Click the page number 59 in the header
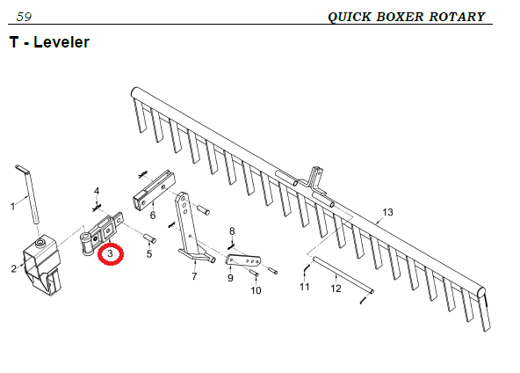coord(24,17)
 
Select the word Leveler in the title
coord(61,42)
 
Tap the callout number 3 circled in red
coord(110,254)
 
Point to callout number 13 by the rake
coord(387,212)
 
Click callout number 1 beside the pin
coord(13,206)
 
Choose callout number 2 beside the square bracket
coord(13,268)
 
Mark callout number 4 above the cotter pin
coord(97,191)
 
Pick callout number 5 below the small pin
coord(149,253)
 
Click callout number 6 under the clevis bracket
coord(153,216)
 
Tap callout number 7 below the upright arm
coord(194,275)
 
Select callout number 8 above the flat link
coord(232,230)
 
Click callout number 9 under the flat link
coord(230,278)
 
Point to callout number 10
coord(256,290)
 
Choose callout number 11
coord(305,287)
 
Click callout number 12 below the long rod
coord(336,289)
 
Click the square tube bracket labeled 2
coord(41,262)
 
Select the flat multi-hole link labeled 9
coord(243,260)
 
